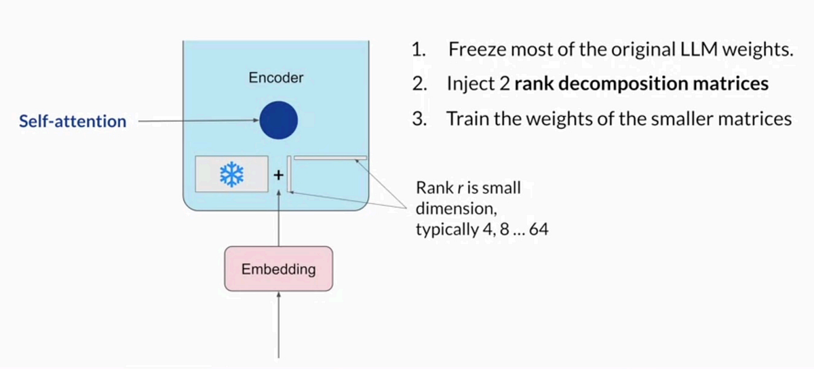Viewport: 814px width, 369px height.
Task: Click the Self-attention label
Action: (73, 122)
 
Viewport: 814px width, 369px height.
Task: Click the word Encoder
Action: (275, 78)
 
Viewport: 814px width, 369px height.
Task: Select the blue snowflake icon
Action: (231, 176)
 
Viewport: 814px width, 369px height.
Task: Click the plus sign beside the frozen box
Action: (277, 174)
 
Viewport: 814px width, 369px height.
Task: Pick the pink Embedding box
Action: (278, 269)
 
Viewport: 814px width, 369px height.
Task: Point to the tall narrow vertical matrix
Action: (290, 174)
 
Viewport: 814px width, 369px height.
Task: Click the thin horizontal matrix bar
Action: (330, 159)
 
